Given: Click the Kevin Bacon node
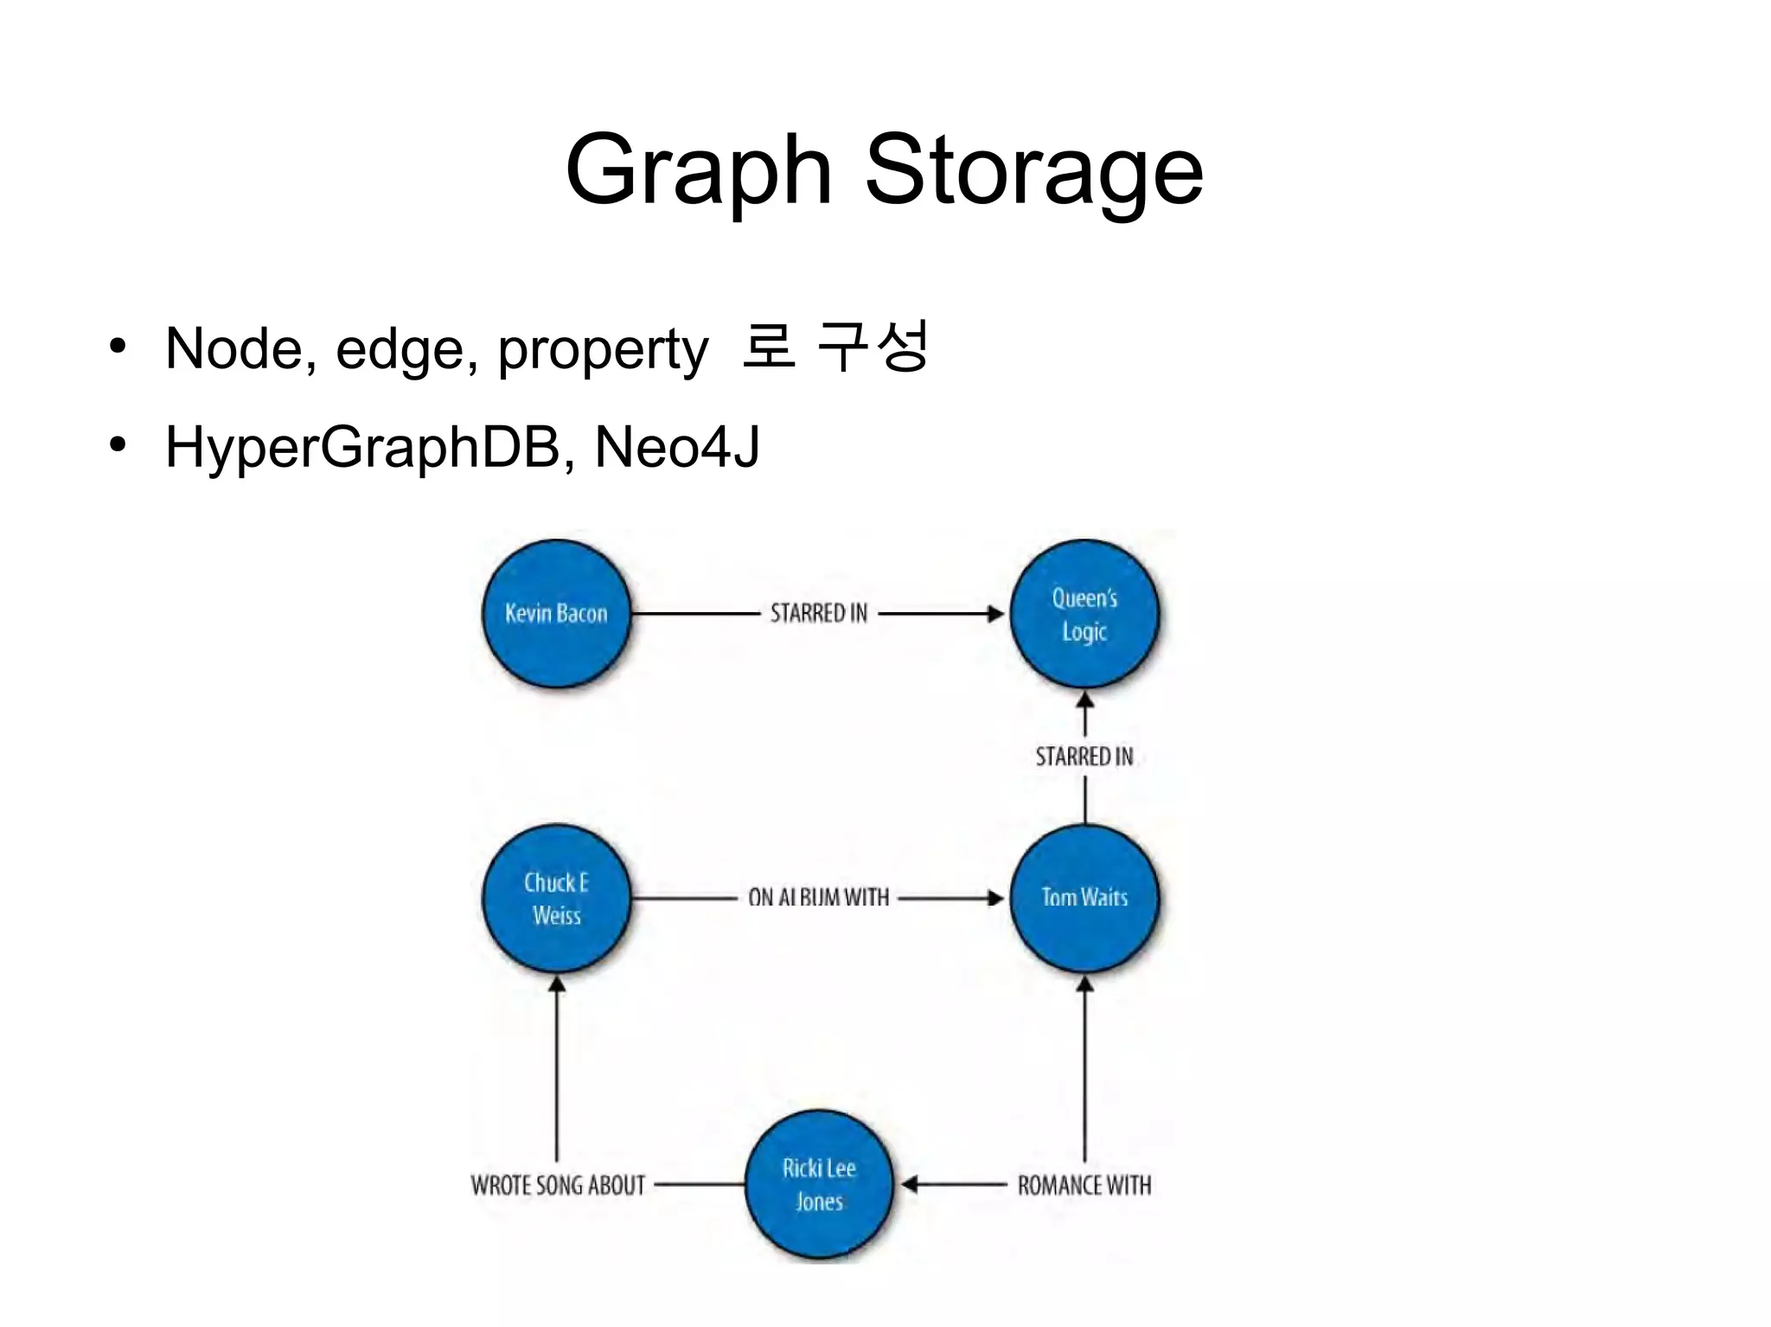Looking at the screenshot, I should point(556,614).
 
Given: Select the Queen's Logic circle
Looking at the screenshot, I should point(1084,614).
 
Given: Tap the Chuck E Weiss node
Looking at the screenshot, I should point(556,898).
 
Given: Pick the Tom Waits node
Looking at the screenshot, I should point(1084,898).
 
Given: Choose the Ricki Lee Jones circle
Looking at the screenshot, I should point(819,1184).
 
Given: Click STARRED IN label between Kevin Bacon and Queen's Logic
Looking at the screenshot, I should point(819,614).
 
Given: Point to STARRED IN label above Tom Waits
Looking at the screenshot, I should point(1084,757).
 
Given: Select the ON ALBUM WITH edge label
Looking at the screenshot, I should point(819,898).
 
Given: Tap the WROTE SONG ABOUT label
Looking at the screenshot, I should point(558,1185).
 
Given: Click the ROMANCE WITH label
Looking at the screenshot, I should point(1084,1185).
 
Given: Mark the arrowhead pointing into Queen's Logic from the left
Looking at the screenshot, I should point(996,614).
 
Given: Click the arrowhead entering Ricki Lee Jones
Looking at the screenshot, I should point(909,1184).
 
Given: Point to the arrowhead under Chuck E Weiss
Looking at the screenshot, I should point(557,984).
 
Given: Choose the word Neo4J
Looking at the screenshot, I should point(677,448).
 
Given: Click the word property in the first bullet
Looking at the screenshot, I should point(603,349).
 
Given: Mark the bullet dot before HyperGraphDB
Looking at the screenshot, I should point(118,445).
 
